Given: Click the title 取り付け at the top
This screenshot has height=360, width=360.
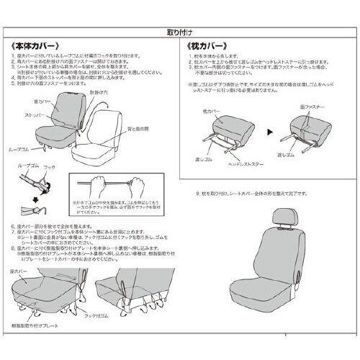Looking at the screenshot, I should [179, 33].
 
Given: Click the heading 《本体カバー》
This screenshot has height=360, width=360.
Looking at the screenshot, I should [35, 55].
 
